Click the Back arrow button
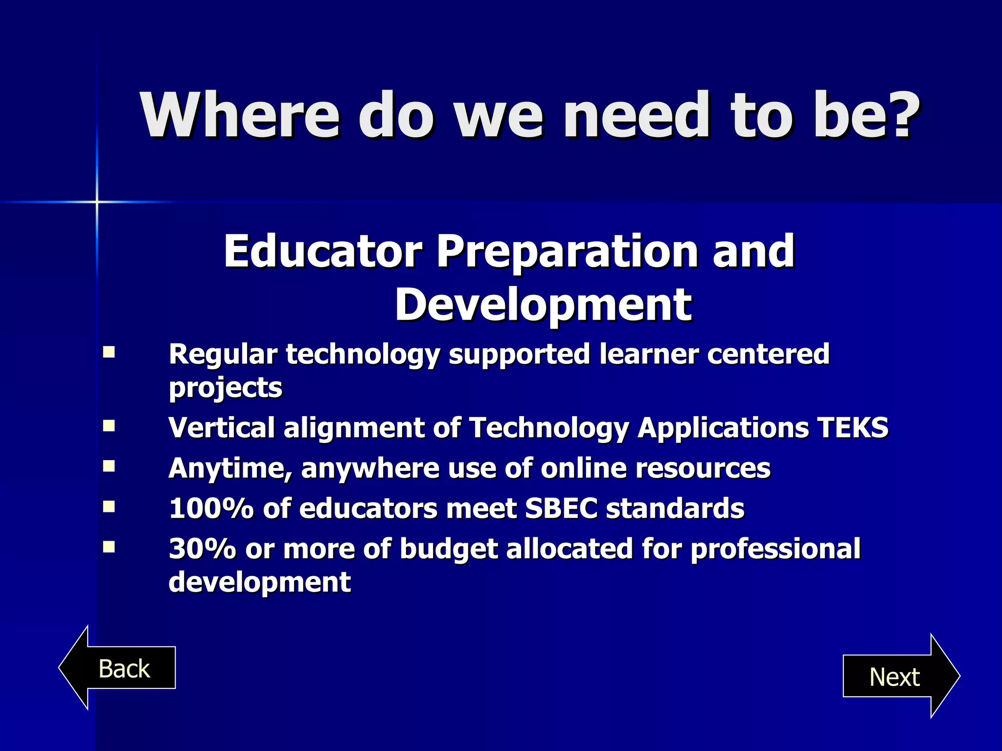pyautogui.click(x=117, y=668)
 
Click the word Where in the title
pyautogui.click(x=240, y=116)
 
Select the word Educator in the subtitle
pyautogui.click(x=323, y=251)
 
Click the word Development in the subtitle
pyautogui.click(x=543, y=305)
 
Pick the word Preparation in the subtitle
pyautogui.click(x=568, y=252)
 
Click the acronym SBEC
pyautogui.click(x=561, y=508)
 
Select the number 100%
pyautogui.click(x=211, y=508)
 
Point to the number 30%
pyautogui.click(x=202, y=549)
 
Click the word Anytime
pyautogui.click(x=230, y=468)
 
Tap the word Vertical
pyautogui.click(x=221, y=428)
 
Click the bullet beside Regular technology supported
pyautogui.click(x=109, y=353)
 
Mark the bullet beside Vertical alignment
pyautogui.click(x=109, y=426)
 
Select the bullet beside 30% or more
pyautogui.click(x=109, y=547)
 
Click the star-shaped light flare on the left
pyautogui.click(x=97, y=201)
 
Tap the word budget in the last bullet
pyautogui.click(x=449, y=549)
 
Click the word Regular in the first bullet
pyautogui.click(x=223, y=354)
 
